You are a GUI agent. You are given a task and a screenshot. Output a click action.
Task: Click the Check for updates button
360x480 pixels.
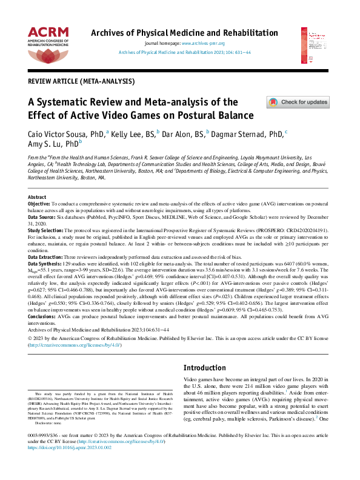[298, 102]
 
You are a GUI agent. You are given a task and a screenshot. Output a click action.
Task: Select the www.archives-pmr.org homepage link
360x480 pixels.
[203, 44]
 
